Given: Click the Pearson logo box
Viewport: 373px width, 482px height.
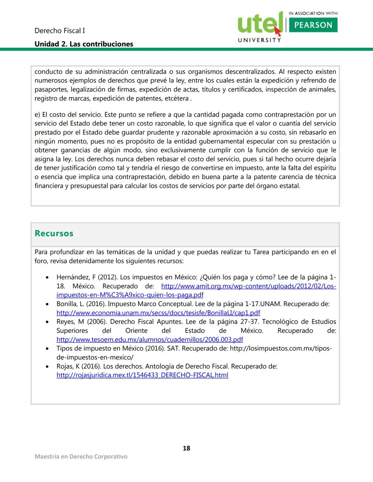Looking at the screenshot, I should tap(313, 25).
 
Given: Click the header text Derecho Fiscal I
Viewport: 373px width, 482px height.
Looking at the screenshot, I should tap(60, 31).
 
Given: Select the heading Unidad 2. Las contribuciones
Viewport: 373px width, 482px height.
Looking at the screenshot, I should tap(84, 44).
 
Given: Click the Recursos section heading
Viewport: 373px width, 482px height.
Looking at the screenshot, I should tap(54, 234).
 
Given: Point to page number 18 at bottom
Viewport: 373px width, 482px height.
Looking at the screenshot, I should tap(186, 448).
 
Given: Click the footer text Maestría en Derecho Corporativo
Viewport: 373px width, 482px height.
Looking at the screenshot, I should tap(81, 456).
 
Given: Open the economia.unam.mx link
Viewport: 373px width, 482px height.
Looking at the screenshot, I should tap(158, 313).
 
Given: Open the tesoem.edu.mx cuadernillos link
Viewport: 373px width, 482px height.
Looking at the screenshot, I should tap(150, 340).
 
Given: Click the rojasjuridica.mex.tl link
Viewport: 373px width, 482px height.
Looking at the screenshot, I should tap(142, 375).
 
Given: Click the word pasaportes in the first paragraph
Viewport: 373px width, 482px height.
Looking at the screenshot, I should tap(51, 89).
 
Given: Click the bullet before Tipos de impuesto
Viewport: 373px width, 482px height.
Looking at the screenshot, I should tap(47, 349).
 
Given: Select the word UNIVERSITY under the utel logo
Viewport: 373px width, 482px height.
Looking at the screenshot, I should tap(259, 40).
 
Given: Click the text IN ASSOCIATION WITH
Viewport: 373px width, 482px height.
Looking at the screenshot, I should tap(313, 13).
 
